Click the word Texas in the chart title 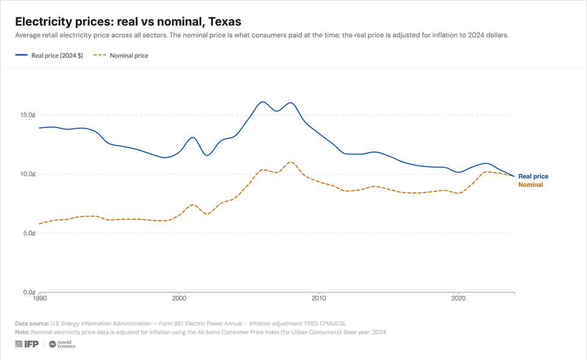coord(225,22)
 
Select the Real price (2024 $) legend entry coord(49,55)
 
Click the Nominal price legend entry coord(120,55)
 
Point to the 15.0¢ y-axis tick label coord(28,115)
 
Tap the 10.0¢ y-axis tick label coord(28,174)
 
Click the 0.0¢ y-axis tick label coord(29,292)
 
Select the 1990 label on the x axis coord(40,298)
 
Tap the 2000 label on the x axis coord(179,298)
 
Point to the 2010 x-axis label coord(319,298)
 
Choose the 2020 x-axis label coord(458,298)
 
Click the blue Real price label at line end coord(533,176)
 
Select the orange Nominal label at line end coord(531,185)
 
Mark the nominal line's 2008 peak coord(291,162)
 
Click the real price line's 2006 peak coord(263,102)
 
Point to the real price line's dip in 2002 coord(207,155)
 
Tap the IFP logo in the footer coord(27,344)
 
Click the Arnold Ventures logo coord(62,344)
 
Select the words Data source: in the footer coord(32,323)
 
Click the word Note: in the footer coord(22,332)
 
